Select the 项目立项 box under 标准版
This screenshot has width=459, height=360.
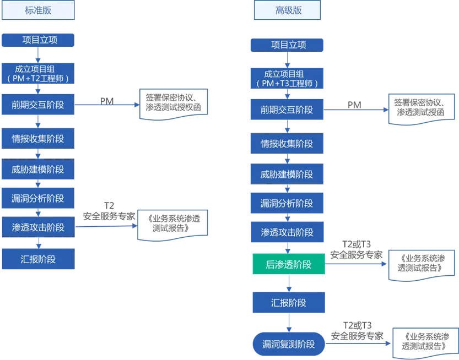tap(37, 40)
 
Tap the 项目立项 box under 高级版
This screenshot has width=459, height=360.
tap(287, 45)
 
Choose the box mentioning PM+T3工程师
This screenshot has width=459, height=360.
tap(287, 79)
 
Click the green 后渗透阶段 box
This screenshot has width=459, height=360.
tap(288, 265)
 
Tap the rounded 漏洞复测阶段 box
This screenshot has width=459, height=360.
tap(288, 344)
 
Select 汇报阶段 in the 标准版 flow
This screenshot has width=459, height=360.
tap(37, 259)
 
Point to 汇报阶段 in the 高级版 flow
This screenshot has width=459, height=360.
tap(288, 303)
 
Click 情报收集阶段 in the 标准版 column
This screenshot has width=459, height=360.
tap(37, 139)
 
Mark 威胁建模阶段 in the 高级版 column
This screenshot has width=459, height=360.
tap(287, 174)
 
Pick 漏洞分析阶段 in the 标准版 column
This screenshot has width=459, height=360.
tap(37, 198)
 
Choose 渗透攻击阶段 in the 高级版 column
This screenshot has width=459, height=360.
tap(287, 232)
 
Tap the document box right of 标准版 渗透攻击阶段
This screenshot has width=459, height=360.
tap(174, 223)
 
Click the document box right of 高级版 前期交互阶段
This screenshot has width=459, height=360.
tap(422, 109)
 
